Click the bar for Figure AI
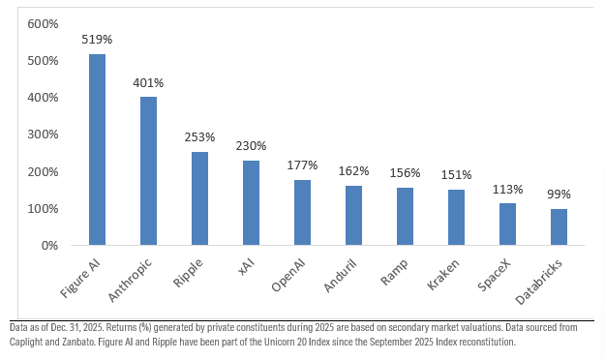[x=97, y=150]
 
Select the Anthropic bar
[x=148, y=171]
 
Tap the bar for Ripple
[x=199, y=198]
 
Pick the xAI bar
[x=251, y=203]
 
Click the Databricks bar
[x=559, y=227]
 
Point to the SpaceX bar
[x=507, y=225]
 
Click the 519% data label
[x=97, y=41]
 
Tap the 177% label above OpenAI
[x=302, y=165]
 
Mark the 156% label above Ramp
[x=405, y=173]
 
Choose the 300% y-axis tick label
[x=43, y=135]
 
